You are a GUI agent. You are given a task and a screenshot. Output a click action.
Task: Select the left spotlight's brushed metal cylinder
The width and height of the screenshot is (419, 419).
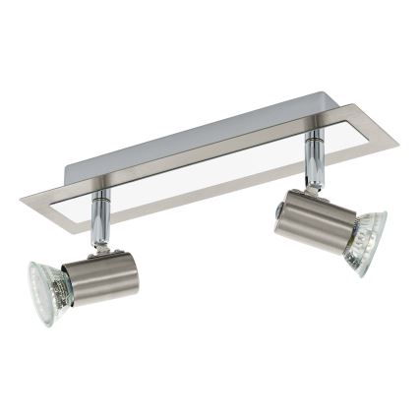point(102,278)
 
